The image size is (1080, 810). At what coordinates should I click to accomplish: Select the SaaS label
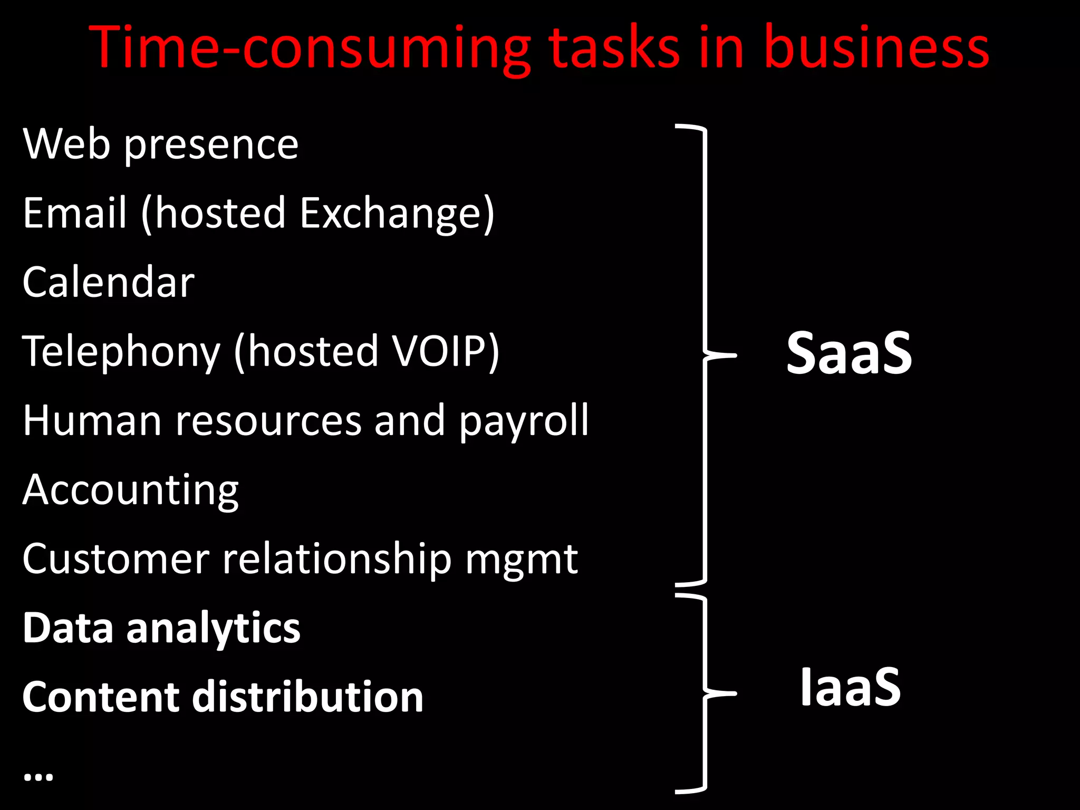pyautogui.click(x=848, y=353)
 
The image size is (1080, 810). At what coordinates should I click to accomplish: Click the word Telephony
pyautogui.click(x=121, y=352)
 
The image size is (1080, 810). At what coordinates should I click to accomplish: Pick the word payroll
pyautogui.click(x=523, y=421)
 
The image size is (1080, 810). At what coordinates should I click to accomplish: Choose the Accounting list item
pyautogui.click(x=130, y=490)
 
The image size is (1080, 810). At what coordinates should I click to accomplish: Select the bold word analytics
pyautogui.click(x=213, y=629)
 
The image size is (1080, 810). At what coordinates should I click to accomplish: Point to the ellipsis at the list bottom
pyautogui.click(x=38, y=776)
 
